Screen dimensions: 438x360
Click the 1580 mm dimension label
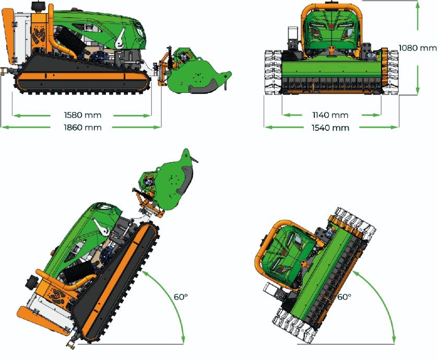(x=82, y=115)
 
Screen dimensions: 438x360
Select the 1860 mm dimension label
(x=82, y=127)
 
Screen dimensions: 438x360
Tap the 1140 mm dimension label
(x=330, y=115)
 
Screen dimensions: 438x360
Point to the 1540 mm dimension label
(x=330, y=128)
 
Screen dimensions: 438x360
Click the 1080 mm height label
(x=417, y=48)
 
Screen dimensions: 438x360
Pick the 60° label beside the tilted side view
(x=181, y=297)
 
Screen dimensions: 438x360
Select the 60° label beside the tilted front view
(x=344, y=297)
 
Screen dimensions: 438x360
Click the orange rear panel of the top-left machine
(x=8, y=35)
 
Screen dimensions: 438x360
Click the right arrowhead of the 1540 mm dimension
(x=395, y=127)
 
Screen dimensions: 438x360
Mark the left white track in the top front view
(x=273, y=73)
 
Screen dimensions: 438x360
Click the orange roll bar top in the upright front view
(x=332, y=6)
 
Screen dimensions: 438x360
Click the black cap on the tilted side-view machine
(x=31, y=282)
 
